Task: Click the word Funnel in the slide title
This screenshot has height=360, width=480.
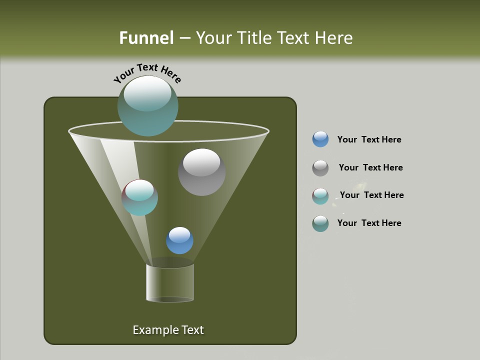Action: point(146,38)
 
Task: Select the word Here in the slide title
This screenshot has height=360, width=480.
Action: point(334,38)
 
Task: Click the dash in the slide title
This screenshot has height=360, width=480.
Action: point(184,38)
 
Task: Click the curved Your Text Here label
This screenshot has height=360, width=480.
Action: point(147,72)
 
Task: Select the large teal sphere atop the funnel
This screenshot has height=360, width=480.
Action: point(147,105)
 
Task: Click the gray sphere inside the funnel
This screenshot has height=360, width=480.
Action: point(201,172)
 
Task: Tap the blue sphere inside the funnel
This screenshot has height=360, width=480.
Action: point(179,240)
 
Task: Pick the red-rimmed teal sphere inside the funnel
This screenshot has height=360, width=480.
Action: point(139,197)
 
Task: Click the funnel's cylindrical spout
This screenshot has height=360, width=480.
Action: point(170,283)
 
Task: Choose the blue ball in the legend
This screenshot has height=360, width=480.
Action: point(320,139)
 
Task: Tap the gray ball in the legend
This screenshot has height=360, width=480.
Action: point(320,168)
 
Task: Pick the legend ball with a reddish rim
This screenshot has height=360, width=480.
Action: point(320,196)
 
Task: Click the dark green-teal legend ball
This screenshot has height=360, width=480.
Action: point(320,223)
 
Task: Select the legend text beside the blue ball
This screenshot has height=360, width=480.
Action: point(369,139)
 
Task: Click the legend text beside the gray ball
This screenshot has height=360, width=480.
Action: point(370,167)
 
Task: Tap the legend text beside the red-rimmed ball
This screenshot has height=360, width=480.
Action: point(371,195)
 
